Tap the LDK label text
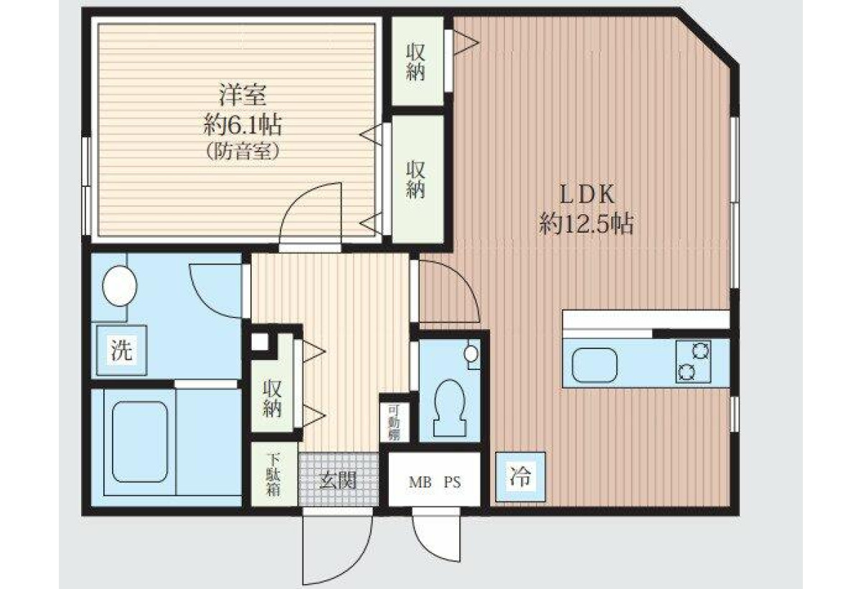587,195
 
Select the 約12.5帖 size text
586,223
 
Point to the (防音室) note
243,152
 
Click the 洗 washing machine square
121,350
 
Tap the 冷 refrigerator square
520,477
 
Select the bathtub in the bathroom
140,442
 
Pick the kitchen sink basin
595,365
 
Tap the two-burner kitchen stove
693,361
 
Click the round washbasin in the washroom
120,286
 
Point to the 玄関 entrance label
338,480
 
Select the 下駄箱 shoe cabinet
274,474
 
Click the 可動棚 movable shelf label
394,422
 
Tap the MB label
420,482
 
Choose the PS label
453,482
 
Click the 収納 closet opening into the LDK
418,60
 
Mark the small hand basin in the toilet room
471,353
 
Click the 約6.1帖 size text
243,124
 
